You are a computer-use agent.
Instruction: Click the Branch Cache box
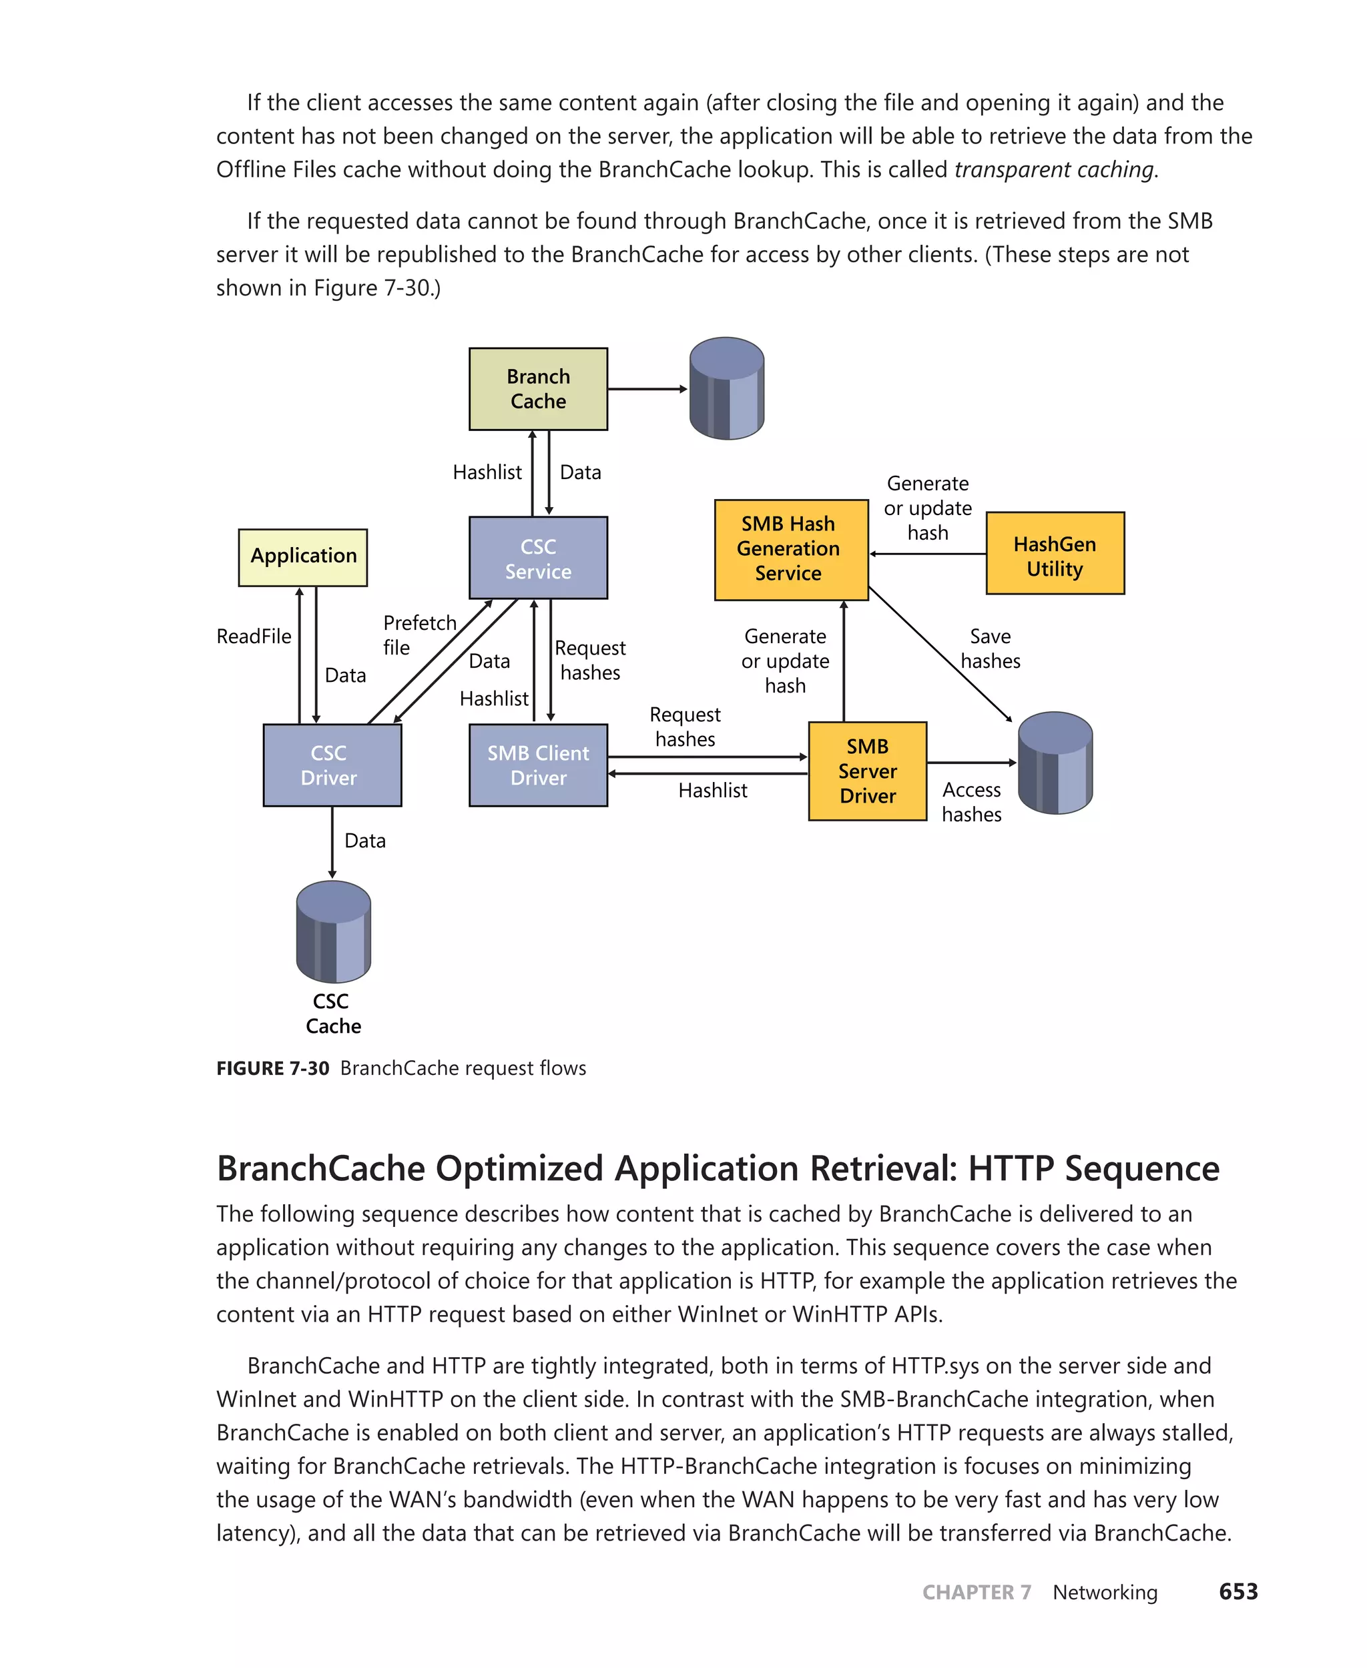click(x=538, y=389)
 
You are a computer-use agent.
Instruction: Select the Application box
click(x=303, y=556)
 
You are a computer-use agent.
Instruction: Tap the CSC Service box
click(x=538, y=558)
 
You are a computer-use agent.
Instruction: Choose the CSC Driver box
click(x=332, y=765)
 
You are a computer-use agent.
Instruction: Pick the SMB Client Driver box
click(x=538, y=765)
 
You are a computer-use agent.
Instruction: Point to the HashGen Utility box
click(x=1055, y=553)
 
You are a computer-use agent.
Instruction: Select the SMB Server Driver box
click(x=867, y=771)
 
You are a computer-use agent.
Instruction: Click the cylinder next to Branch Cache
click(x=726, y=388)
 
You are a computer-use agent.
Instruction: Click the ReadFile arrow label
click(x=254, y=636)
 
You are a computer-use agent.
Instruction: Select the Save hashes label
click(x=990, y=648)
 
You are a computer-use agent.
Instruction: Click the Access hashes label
click(x=971, y=801)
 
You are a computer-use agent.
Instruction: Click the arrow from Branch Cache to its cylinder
click(x=647, y=389)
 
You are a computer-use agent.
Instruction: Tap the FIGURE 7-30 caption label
click(x=272, y=1068)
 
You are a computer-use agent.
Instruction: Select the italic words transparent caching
click(x=1053, y=169)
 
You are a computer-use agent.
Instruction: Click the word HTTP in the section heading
click(x=1011, y=1168)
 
